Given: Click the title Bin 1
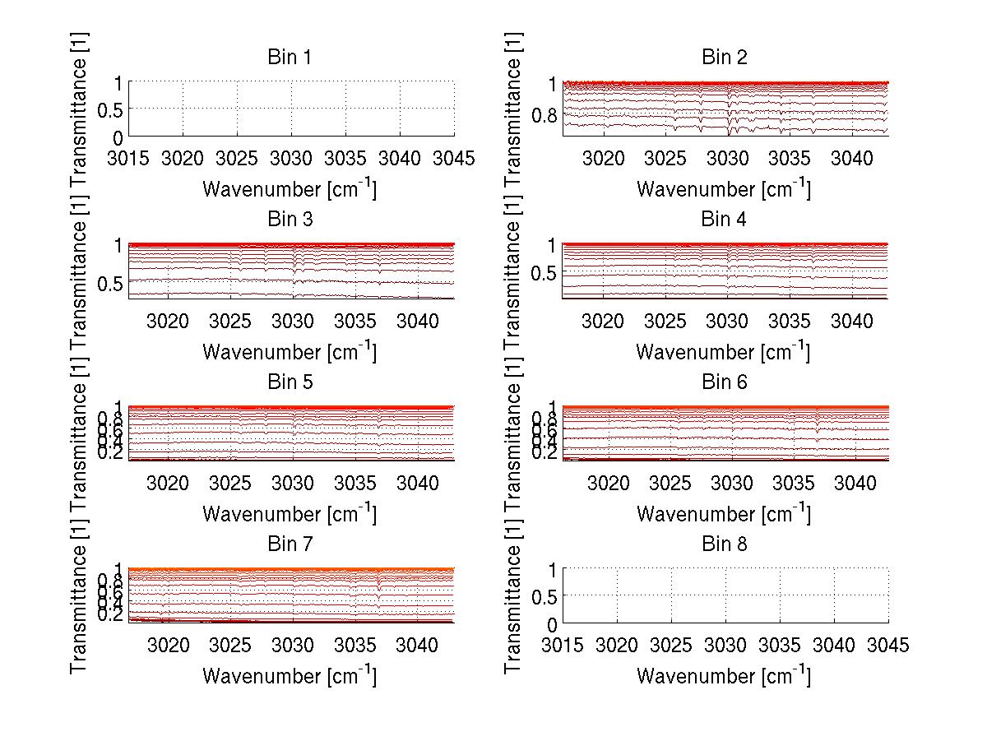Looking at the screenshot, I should pyautogui.click(x=290, y=58).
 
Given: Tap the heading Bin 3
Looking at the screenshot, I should pyautogui.click(x=290, y=220).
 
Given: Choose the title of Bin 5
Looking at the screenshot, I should pyautogui.click(x=290, y=382).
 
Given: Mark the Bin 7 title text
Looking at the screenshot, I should pyautogui.click(x=290, y=544).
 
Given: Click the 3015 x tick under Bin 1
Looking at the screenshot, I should pyautogui.click(x=129, y=159).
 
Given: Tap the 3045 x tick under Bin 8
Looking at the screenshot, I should pyautogui.click(x=888, y=646).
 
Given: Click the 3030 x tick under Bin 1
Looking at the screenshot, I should pyautogui.click(x=291, y=159).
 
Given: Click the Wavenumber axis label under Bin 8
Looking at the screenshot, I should pyautogui.click(x=724, y=676).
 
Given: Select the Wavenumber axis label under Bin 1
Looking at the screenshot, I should pyautogui.click(x=290, y=189).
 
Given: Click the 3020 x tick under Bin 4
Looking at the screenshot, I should pyautogui.click(x=603, y=321).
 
